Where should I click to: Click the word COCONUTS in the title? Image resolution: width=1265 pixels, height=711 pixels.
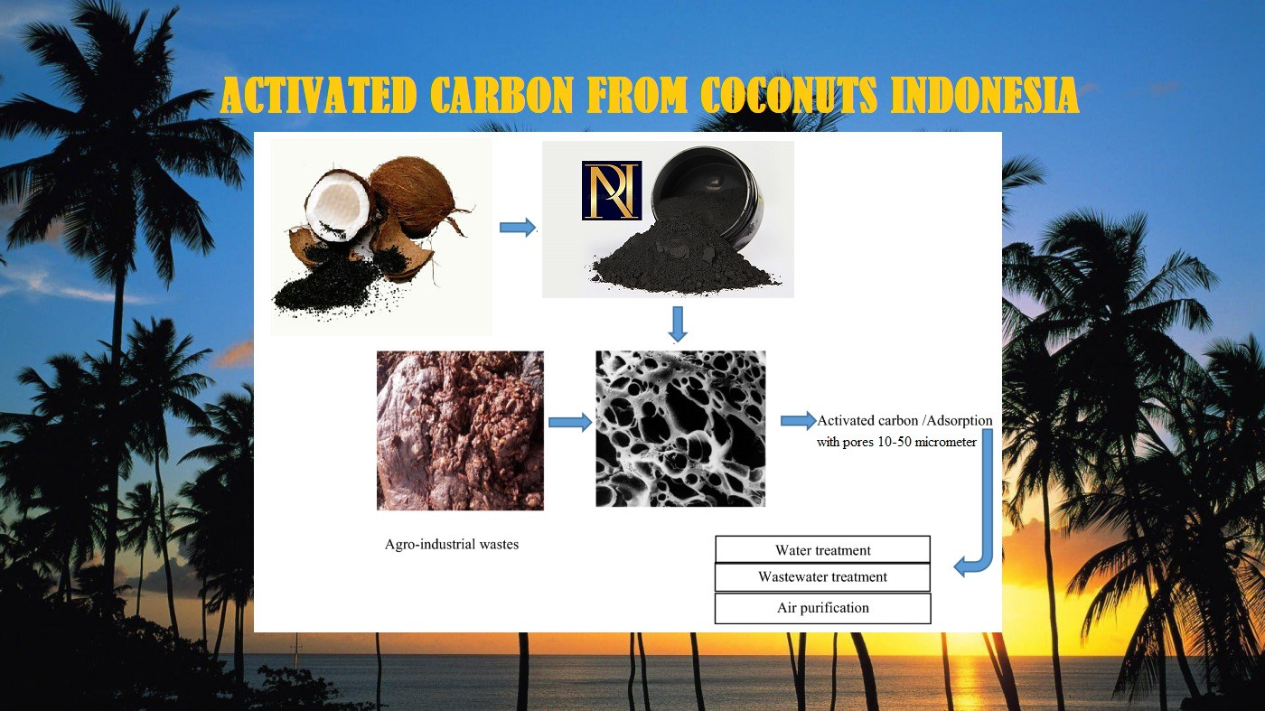[x=790, y=94]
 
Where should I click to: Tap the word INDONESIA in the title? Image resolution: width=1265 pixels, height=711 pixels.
[x=985, y=94]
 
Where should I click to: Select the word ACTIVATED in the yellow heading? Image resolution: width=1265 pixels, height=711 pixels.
[x=318, y=94]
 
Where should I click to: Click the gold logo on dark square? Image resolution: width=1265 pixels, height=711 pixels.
[x=612, y=191]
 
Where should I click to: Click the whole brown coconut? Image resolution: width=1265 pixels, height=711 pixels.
[x=415, y=195]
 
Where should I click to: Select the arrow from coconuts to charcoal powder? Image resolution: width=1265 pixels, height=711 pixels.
[x=517, y=227]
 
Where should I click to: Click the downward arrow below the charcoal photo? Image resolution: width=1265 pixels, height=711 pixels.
[x=677, y=324]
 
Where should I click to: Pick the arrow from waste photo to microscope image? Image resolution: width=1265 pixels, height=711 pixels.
[x=570, y=423]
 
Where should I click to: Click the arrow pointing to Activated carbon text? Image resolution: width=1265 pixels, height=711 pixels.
[x=799, y=421]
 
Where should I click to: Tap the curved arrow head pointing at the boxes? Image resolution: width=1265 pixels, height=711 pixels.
[x=967, y=566]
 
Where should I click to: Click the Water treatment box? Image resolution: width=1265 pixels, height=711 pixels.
[x=822, y=549]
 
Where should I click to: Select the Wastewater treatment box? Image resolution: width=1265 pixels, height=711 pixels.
[x=822, y=577]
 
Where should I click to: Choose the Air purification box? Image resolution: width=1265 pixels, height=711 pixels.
[x=822, y=608]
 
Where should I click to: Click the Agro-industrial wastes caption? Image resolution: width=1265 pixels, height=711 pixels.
[x=451, y=545]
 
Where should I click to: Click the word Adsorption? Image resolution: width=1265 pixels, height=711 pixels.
[x=960, y=421]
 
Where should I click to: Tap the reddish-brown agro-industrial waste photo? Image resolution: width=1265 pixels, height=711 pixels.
[x=460, y=430]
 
